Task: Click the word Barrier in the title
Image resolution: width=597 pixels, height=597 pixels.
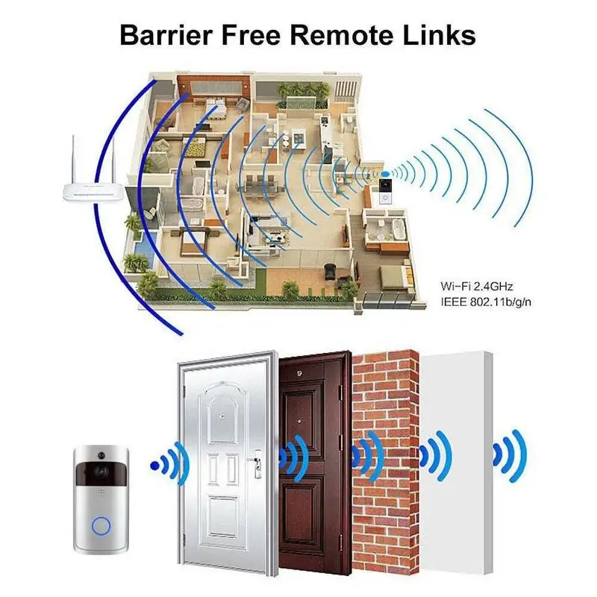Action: (166, 35)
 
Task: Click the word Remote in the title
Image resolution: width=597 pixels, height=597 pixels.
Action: (343, 35)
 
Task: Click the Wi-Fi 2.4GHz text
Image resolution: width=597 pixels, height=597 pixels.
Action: (477, 286)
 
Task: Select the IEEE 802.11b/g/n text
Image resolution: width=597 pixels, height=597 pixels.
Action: (486, 302)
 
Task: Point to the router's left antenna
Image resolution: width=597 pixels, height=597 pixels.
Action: (74, 160)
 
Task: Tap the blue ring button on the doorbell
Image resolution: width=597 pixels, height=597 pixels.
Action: (101, 527)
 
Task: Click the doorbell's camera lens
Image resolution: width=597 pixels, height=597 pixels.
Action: (101, 472)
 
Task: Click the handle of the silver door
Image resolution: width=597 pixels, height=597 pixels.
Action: (256, 463)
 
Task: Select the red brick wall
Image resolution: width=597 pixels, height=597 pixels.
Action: (386, 463)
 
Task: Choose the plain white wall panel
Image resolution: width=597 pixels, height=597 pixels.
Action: (456, 463)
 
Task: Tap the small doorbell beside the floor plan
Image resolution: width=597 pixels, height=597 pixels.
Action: (385, 190)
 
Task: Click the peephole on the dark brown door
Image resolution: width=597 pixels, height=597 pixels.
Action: (299, 374)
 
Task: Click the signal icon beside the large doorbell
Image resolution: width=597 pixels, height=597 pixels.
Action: (170, 464)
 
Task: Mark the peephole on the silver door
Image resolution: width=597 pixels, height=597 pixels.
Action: (221, 416)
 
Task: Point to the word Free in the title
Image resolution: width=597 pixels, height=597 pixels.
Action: (251, 35)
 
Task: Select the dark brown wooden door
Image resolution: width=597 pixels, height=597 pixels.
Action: (314, 463)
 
